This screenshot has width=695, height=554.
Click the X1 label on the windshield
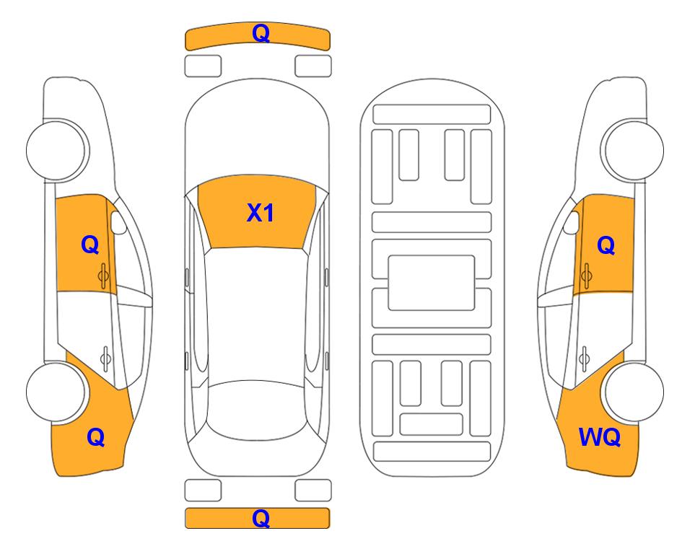point(261,213)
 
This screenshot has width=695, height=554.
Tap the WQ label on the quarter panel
point(599,437)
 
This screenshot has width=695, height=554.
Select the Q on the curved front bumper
point(261,32)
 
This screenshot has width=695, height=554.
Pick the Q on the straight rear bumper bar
point(261,518)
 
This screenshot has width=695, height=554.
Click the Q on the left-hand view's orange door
point(90,245)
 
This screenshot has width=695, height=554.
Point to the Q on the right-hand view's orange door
point(606,245)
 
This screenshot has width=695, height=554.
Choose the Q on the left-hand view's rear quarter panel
point(96,437)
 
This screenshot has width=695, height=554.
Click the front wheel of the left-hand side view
point(56,150)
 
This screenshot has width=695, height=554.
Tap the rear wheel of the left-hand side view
point(56,392)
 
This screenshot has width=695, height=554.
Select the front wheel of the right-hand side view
point(633,150)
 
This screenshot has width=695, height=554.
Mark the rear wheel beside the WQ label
point(634,392)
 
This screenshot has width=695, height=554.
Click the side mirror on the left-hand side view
point(118,222)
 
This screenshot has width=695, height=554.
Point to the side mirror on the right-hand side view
point(572,222)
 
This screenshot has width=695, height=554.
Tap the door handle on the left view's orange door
point(103,276)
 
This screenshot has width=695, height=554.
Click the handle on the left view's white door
point(105,358)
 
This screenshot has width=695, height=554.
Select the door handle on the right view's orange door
point(586,276)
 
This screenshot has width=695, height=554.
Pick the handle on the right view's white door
point(584,358)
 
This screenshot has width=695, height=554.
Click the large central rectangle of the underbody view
point(432,283)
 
